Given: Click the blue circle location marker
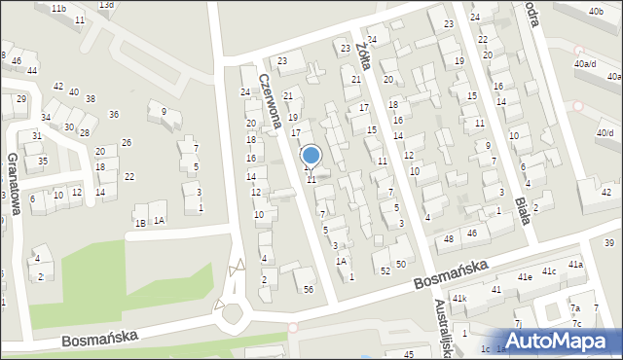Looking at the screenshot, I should (x=311, y=155).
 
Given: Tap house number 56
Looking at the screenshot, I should (x=309, y=289).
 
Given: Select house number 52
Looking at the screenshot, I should (x=385, y=270).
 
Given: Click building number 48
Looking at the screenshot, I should (x=449, y=238).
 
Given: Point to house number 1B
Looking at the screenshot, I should (x=140, y=223).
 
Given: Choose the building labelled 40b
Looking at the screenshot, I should (x=596, y=11).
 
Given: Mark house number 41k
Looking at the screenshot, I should (x=458, y=298).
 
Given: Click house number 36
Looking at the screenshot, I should (x=114, y=115).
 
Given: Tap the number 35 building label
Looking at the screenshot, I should (x=43, y=161).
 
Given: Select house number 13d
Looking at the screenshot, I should (x=105, y=5).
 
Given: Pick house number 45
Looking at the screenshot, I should (x=409, y=354).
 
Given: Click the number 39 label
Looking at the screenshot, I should (x=610, y=242).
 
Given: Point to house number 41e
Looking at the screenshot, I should (x=525, y=277).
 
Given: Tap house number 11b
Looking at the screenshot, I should (x=59, y=8).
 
